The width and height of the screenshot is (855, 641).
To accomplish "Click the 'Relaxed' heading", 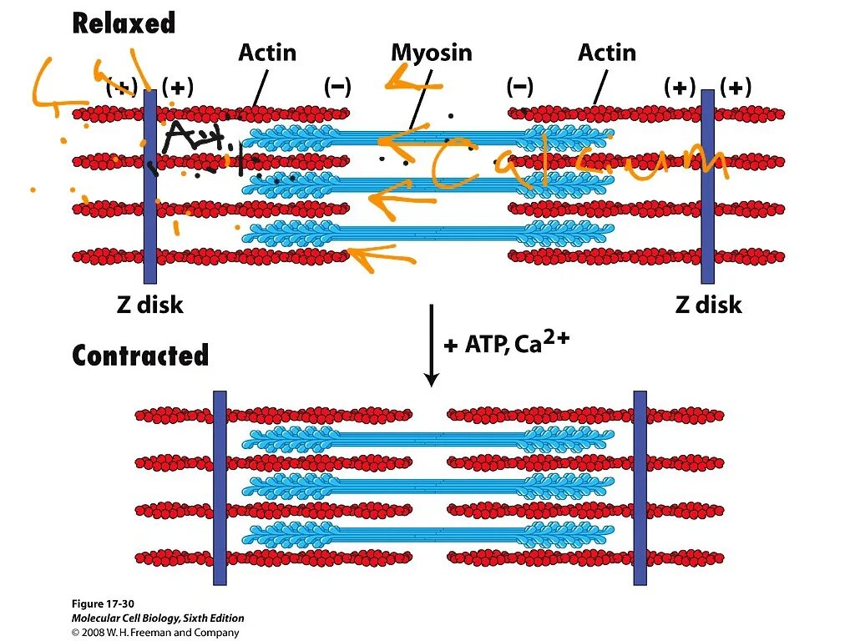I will coord(124,23).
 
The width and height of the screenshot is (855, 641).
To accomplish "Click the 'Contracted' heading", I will coord(140,356).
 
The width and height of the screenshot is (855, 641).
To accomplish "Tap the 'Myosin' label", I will coord(431,53).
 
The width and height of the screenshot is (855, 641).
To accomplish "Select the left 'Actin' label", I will coord(267,53).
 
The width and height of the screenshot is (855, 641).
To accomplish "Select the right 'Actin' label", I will coord(606,53).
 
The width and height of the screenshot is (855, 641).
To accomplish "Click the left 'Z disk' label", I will coord(149,305).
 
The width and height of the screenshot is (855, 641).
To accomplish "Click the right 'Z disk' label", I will coord(708,305).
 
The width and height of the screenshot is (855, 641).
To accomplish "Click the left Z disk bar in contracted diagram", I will coord(220,487).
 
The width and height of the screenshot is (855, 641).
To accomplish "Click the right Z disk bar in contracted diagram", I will coord(640,487).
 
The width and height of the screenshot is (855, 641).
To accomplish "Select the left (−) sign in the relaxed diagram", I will coord(337,87).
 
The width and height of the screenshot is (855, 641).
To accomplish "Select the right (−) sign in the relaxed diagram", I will coord(519,87).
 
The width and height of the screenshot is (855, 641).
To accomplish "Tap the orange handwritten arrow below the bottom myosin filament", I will coord(380,255).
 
